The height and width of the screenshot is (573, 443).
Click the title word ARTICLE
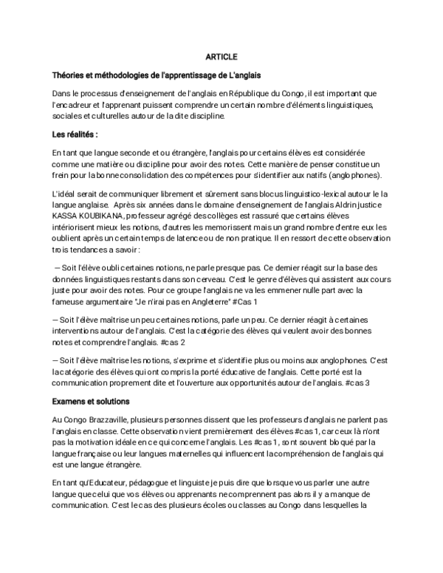[221, 56]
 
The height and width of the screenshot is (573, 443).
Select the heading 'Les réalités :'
[75, 134]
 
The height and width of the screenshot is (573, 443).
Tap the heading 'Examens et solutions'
[91, 401]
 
